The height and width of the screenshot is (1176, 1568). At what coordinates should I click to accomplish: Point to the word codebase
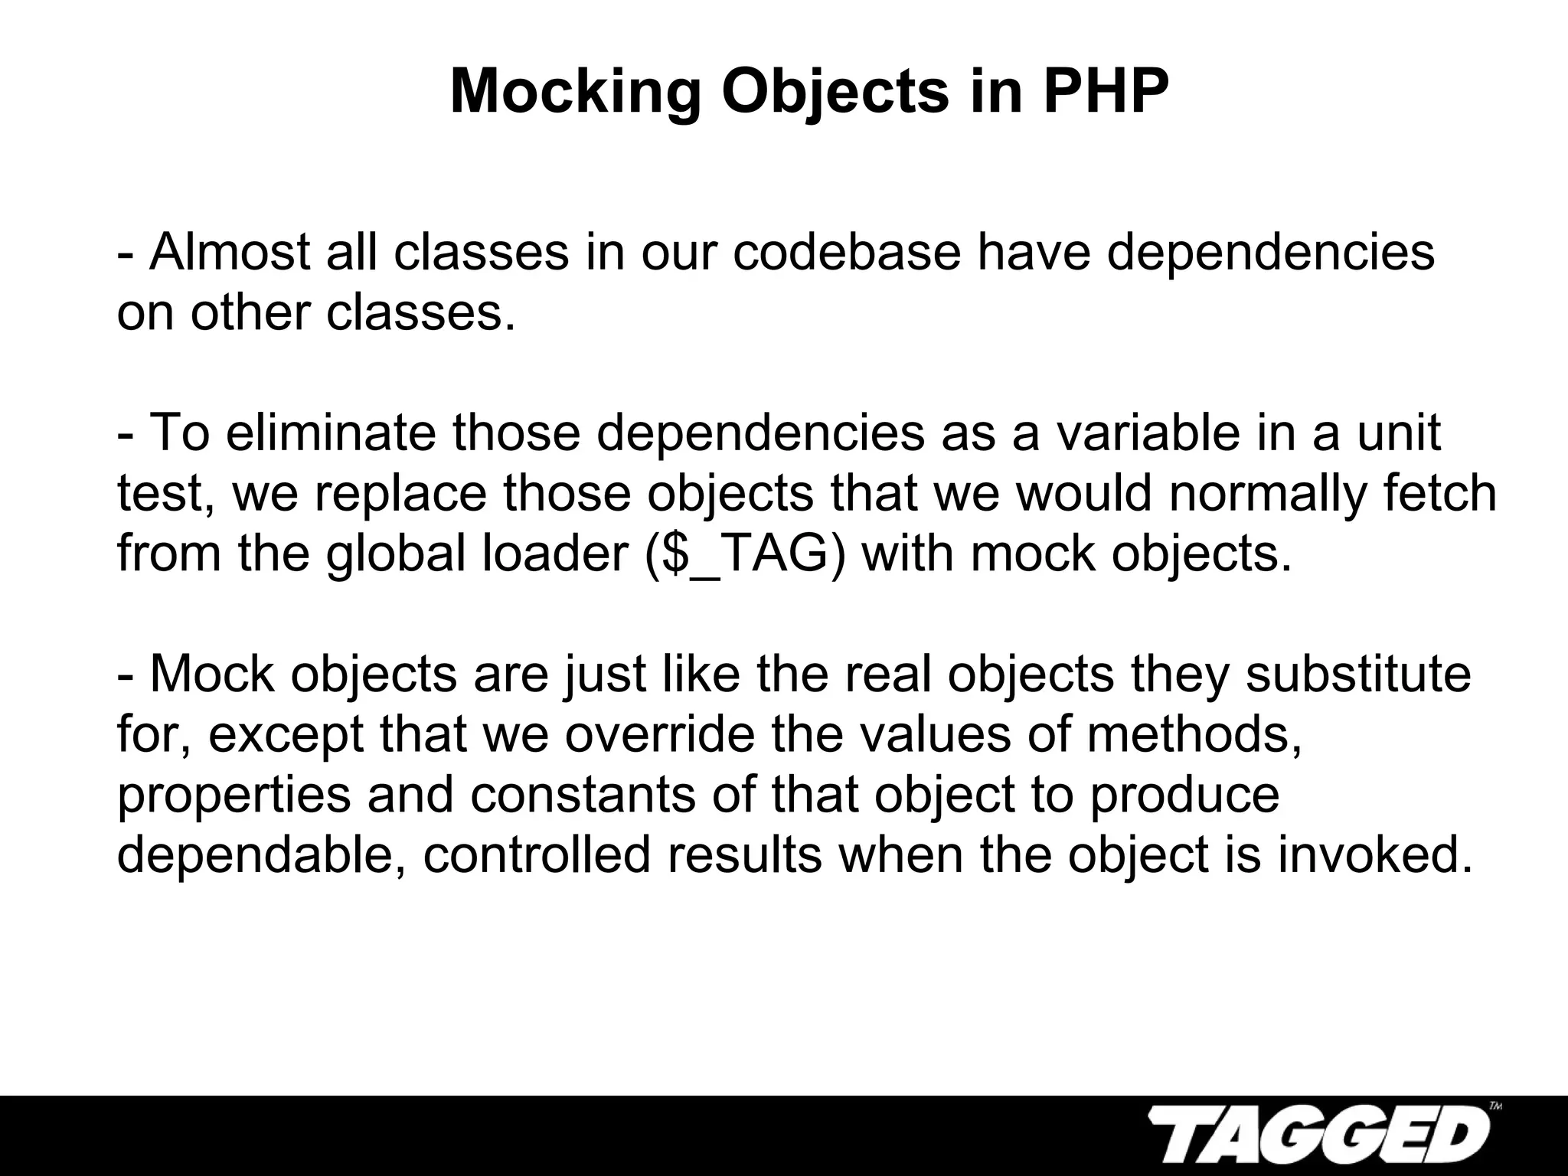tap(847, 252)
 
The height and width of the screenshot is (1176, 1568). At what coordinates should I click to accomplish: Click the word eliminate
tap(331, 433)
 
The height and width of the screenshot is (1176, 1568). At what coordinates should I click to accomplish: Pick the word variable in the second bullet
tap(1138, 433)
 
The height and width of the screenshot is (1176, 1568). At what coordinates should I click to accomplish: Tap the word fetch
tap(1439, 493)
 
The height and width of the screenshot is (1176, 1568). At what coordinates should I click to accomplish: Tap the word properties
tap(234, 796)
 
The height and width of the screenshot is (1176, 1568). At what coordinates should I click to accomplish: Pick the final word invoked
tap(1374, 855)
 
